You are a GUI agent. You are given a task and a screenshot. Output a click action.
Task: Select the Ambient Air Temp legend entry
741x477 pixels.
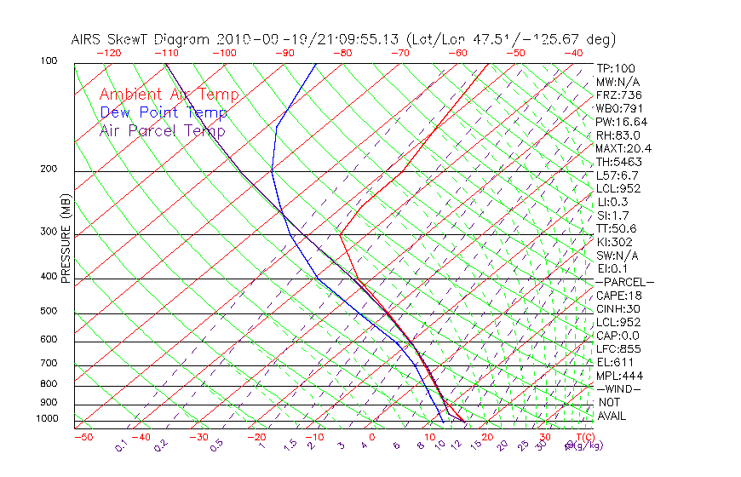[x=169, y=95]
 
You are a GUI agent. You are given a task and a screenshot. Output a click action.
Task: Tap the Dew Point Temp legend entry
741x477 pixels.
[x=163, y=112]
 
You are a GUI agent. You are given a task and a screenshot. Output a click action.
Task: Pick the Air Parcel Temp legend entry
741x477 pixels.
[x=162, y=130]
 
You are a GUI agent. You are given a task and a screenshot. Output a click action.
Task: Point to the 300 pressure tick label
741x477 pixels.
[x=48, y=232]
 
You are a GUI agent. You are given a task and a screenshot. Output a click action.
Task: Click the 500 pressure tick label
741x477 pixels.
[x=48, y=312]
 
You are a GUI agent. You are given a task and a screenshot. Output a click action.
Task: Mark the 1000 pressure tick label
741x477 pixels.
[x=45, y=419]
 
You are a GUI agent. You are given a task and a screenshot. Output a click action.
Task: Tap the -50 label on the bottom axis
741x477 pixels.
[x=83, y=437]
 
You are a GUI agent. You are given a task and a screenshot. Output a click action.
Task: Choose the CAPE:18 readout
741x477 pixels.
[x=618, y=296]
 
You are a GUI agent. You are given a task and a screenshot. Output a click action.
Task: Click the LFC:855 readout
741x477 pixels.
[x=618, y=349]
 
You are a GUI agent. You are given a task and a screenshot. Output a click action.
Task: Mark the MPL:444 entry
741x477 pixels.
[x=619, y=376]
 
